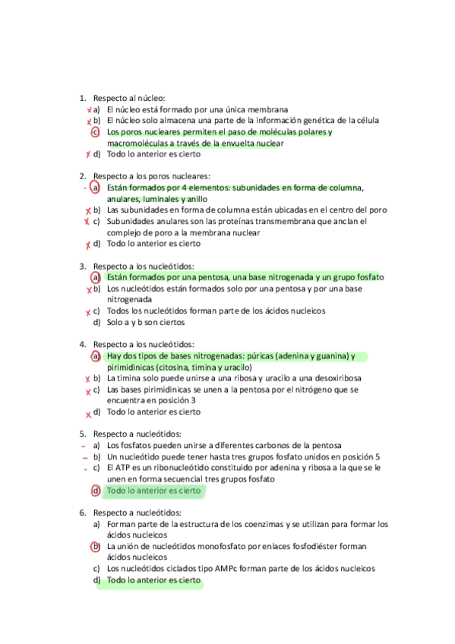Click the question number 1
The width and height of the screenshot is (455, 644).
tap(82, 98)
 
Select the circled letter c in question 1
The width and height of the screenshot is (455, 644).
tap(96, 131)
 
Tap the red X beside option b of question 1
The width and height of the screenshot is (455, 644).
tap(89, 121)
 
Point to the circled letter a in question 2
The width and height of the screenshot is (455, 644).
tap(96, 188)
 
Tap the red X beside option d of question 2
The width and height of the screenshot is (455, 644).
tap(89, 245)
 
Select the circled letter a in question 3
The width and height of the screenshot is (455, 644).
tap(96, 277)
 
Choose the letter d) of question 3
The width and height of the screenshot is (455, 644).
tap(96, 322)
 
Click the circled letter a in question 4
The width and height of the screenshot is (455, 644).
tap(96, 355)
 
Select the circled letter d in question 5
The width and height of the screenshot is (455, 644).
tap(96, 491)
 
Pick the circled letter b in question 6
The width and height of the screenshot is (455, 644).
tap(96, 546)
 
